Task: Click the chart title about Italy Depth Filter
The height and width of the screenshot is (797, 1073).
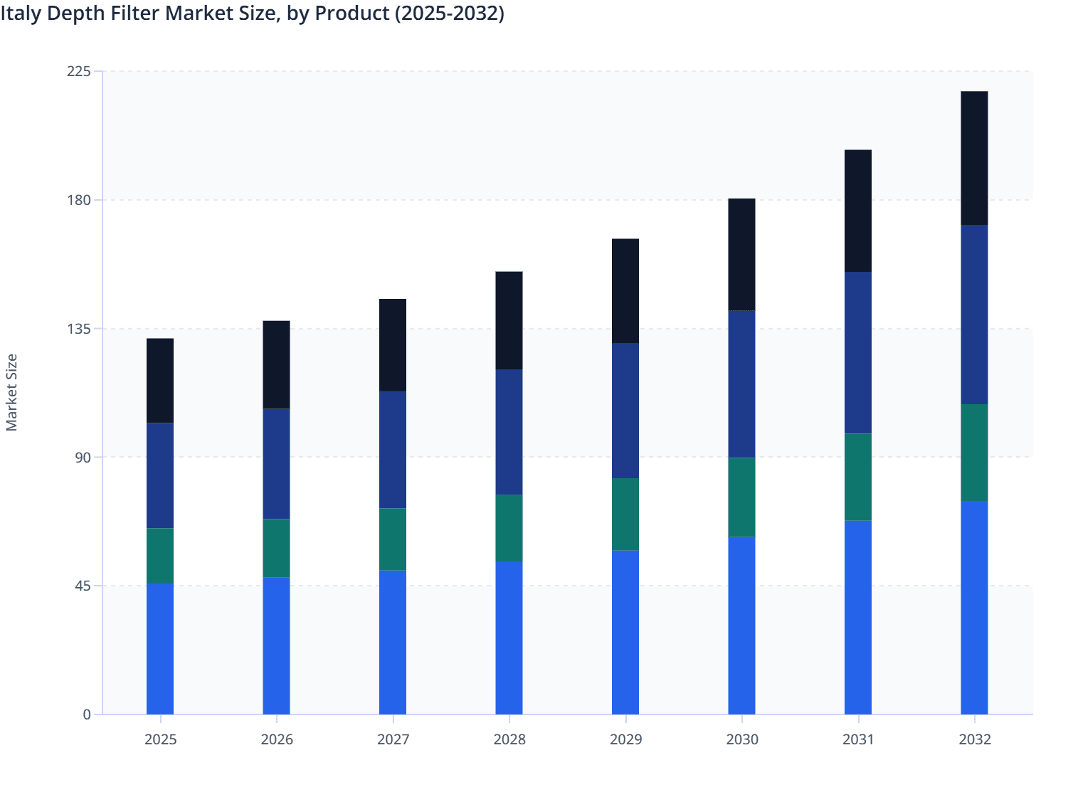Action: [x=253, y=14]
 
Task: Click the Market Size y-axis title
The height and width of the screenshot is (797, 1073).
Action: [x=12, y=392]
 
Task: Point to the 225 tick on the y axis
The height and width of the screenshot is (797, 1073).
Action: [x=79, y=71]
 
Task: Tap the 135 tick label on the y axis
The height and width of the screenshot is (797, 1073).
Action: [x=79, y=329]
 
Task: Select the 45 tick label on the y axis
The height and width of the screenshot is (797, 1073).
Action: [x=83, y=586]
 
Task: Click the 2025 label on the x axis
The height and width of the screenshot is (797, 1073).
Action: [x=160, y=739]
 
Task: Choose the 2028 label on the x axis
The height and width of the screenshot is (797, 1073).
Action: [x=509, y=739]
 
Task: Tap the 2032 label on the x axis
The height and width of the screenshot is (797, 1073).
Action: [x=974, y=739]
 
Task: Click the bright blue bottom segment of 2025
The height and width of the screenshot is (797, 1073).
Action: [x=160, y=648]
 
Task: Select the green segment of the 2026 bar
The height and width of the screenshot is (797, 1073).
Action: [x=276, y=548]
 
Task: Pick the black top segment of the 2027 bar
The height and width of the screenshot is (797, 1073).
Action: [x=393, y=345]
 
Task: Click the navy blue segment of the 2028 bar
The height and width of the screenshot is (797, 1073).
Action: [x=509, y=432]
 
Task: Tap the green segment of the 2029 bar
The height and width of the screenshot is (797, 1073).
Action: [x=625, y=514]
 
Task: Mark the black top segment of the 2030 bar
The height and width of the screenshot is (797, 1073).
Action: [x=741, y=255]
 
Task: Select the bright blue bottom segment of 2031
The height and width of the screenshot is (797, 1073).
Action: [x=858, y=617]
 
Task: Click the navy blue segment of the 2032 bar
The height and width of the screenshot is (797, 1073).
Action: [x=974, y=315]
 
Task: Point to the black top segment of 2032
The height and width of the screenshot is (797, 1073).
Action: [x=974, y=158]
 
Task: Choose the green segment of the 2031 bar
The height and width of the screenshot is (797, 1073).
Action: [x=858, y=477]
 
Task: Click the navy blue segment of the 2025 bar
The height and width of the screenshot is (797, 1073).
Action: [x=160, y=475]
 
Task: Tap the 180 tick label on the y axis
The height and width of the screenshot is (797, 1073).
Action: [x=79, y=200]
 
